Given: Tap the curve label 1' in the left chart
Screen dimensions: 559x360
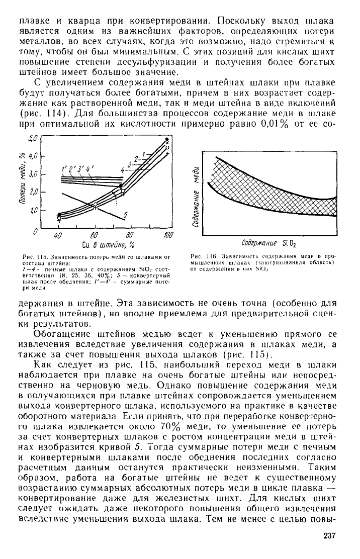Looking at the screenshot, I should coord(64,169).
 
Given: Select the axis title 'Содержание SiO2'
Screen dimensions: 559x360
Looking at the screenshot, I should coord(269,244).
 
